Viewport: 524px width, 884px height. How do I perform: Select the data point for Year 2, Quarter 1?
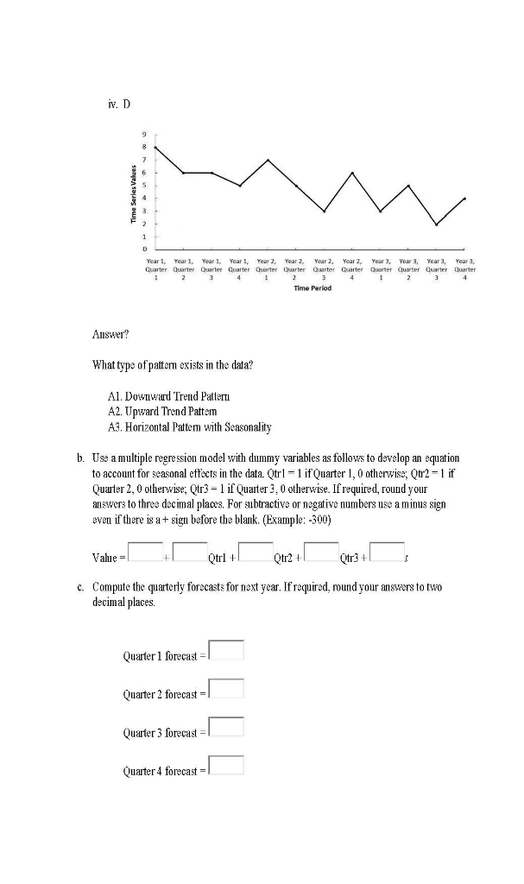pyautogui.click(x=268, y=160)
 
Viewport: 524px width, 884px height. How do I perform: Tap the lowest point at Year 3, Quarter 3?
pyautogui.click(x=437, y=224)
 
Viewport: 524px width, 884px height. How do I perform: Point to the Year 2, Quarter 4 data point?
pyautogui.click(x=352, y=173)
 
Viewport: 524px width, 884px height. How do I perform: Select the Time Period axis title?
pyautogui.click(x=311, y=288)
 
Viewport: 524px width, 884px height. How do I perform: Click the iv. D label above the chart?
pyautogui.click(x=119, y=104)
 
